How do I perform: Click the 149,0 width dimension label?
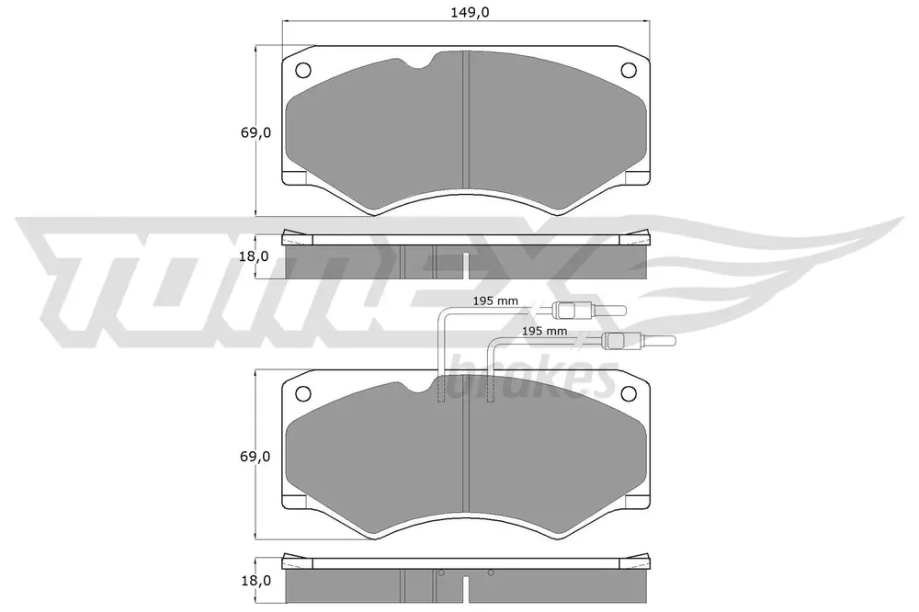(x=470, y=12)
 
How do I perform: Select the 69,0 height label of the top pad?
(x=255, y=132)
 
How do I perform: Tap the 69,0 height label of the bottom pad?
(x=255, y=456)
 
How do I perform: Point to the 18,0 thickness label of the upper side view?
(x=255, y=256)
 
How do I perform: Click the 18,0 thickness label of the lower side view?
(x=255, y=581)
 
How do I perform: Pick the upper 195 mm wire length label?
(x=496, y=301)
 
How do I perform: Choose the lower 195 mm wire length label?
(x=544, y=331)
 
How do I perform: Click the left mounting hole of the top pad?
(x=303, y=71)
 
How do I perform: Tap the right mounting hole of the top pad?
(x=629, y=71)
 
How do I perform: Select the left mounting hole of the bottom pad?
(x=303, y=394)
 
